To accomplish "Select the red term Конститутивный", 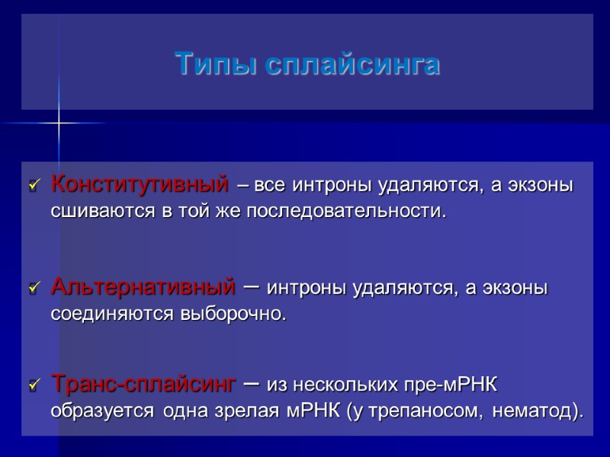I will (x=140, y=184).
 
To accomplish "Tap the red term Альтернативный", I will (x=143, y=288).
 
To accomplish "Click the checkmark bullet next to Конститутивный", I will (x=33, y=186).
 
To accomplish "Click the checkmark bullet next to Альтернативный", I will (x=33, y=289).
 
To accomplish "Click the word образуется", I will (x=100, y=412).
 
